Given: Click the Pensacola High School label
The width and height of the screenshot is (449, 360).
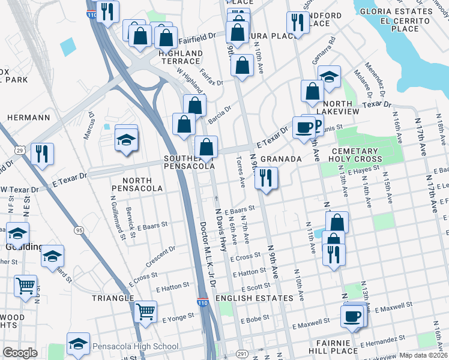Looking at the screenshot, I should click(x=135, y=346).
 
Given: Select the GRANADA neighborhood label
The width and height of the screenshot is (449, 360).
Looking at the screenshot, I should click(x=280, y=159).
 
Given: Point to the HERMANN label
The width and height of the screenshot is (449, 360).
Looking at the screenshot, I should click(x=29, y=118).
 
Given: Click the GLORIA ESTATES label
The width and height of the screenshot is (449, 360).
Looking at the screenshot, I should click(x=402, y=12).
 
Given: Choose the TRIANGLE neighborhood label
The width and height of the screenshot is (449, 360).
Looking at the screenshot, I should click(x=112, y=298).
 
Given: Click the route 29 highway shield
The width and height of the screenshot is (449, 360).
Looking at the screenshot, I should click(x=20, y=149).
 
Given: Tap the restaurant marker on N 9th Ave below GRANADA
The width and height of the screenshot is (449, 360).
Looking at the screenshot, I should click(x=265, y=178).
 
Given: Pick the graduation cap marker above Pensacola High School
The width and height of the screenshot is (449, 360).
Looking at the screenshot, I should click(x=79, y=344).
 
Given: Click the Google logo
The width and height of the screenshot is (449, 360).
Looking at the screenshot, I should click(x=20, y=353).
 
